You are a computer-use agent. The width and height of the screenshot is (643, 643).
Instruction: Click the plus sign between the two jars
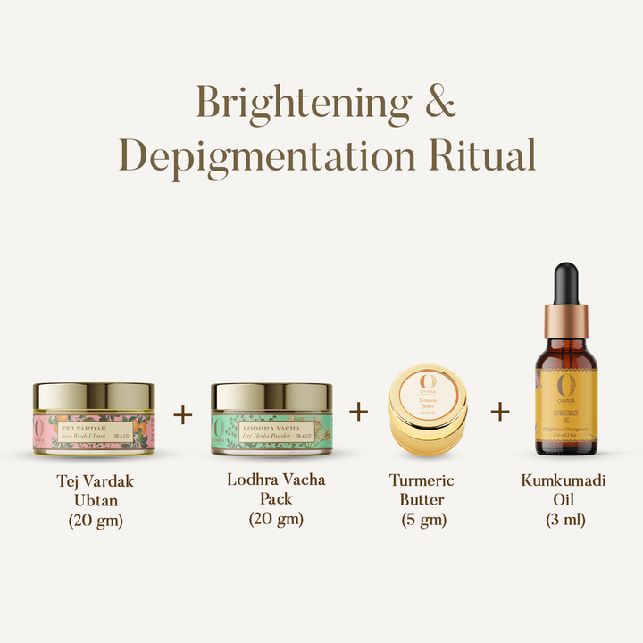182,415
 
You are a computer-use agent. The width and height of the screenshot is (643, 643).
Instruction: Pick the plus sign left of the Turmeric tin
358,411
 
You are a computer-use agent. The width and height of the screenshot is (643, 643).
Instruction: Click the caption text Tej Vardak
95,482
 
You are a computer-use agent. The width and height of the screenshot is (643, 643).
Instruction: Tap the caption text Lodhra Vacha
277,480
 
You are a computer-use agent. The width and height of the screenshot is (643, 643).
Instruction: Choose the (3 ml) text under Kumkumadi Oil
564,520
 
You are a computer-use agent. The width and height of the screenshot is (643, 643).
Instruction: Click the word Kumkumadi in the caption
564,480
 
